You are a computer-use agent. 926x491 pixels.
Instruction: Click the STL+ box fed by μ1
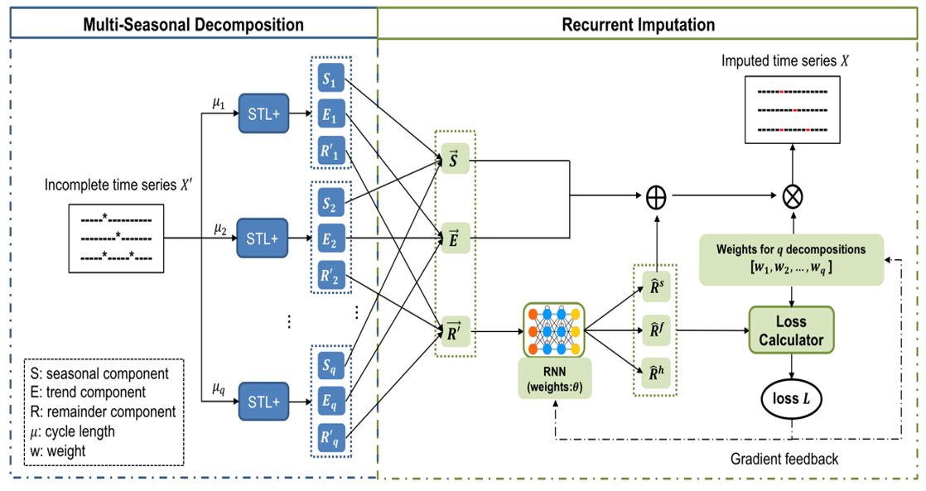pyautogui.click(x=263, y=113)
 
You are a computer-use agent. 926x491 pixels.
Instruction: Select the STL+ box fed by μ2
pyautogui.click(x=263, y=239)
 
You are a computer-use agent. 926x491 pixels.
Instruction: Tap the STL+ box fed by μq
pyautogui.click(x=263, y=402)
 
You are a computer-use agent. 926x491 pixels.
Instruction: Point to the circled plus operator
pyautogui.click(x=656, y=197)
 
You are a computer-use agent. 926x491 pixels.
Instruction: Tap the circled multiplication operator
pyautogui.click(x=792, y=197)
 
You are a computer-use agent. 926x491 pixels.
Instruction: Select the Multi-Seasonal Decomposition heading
pyautogui.click(x=193, y=24)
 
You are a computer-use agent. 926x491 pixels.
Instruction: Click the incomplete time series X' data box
pyautogui.click(x=116, y=238)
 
